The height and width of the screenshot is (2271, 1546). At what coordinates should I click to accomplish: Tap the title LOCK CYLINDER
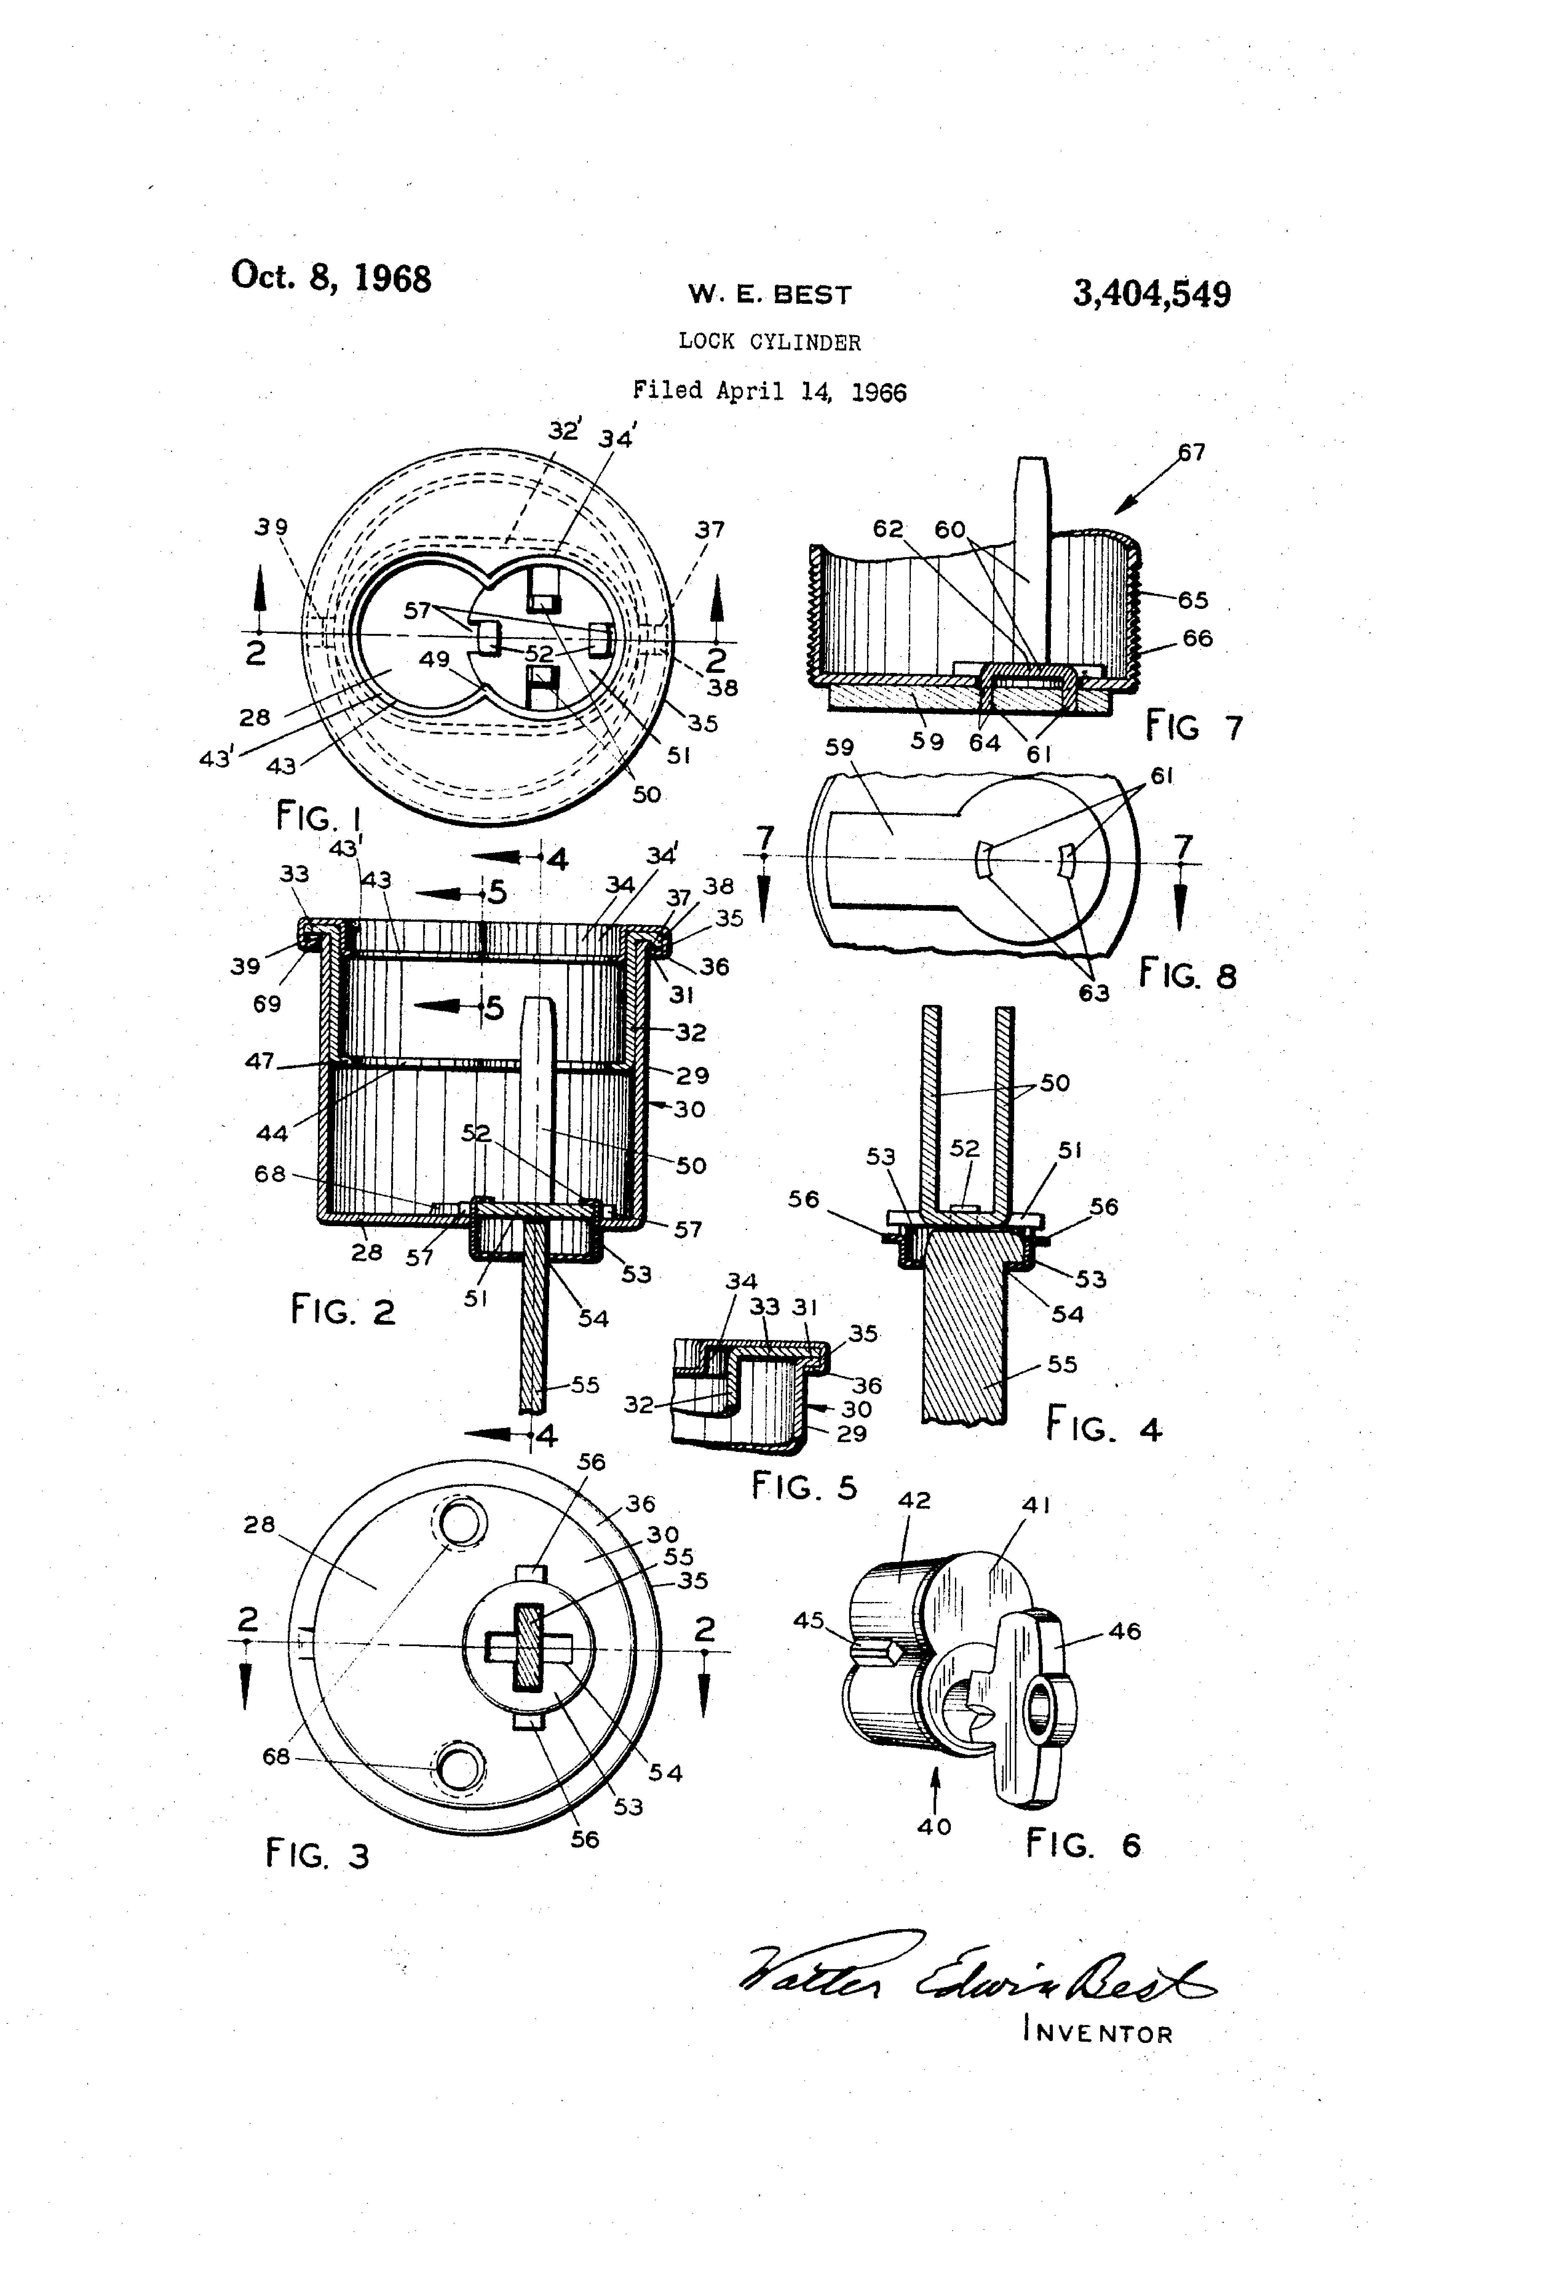pyautogui.click(x=770, y=342)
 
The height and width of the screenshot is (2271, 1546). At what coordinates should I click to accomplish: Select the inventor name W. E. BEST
pyautogui.click(x=770, y=294)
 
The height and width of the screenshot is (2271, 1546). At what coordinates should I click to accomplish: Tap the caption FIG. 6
pyautogui.click(x=1083, y=1845)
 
